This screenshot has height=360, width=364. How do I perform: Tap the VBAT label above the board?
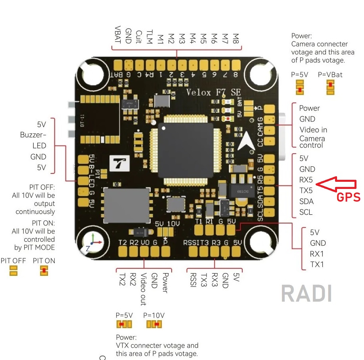pyautogui.click(x=118, y=35)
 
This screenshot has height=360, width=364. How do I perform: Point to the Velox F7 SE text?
pyautogui.click(x=214, y=92)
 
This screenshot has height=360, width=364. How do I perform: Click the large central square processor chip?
pyautogui.click(x=185, y=150)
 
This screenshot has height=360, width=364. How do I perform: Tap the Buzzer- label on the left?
pyautogui.click(x=33, y=135)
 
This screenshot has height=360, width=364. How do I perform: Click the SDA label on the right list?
pyautogui.click(x=307, y=201)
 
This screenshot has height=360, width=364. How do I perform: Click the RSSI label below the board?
pyautogui.click(x=193, y=280)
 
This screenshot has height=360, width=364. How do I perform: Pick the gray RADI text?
pyautogui.click(x=306, y=293)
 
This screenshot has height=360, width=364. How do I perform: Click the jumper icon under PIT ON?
pyautogui.click(x=44, y=271)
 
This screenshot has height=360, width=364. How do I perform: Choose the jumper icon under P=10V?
pyautogui.click(x=154, y=325)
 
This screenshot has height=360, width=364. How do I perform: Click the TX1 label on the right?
pyautogui.click(x=317, y=264)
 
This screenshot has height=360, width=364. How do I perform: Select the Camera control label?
pyautogui.click(x=312, y=142)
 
